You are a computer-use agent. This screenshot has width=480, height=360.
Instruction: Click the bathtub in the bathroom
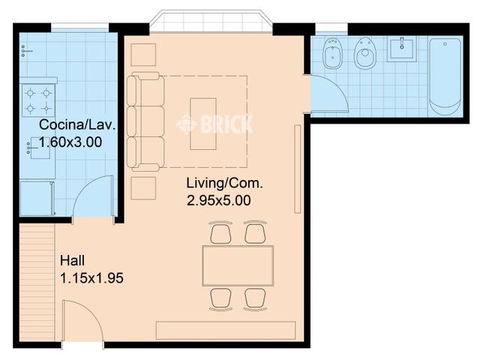coord(445,76)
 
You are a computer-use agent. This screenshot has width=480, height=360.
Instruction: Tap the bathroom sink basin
coord(402,49)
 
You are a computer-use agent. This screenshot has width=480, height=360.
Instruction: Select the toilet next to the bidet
coord(365,53)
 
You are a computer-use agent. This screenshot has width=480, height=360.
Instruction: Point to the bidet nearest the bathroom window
coord(332,53)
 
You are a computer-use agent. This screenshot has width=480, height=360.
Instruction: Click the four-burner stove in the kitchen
coord(38,100)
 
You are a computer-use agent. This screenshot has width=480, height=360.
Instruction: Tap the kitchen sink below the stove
coord(40,148)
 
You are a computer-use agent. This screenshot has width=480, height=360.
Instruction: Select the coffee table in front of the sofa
coord(203,124)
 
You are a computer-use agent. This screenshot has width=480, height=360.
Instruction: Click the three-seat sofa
coord(145,121)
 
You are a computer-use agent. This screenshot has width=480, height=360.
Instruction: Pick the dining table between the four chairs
coord(238,265)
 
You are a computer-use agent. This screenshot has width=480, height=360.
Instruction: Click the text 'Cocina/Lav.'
coord(78,125)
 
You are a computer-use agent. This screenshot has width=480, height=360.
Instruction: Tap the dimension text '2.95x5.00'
coord(218,201)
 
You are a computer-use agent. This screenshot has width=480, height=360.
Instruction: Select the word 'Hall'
coord(72,260)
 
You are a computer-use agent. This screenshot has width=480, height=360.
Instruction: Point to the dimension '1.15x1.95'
coord(91,278)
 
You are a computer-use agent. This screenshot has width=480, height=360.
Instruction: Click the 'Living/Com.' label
coord(225,183)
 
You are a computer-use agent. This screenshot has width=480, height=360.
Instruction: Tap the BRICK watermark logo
coord(215,124)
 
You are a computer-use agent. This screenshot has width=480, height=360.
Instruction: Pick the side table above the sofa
coord(143,55)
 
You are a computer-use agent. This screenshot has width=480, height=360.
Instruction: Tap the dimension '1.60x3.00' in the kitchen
coord(70,142)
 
